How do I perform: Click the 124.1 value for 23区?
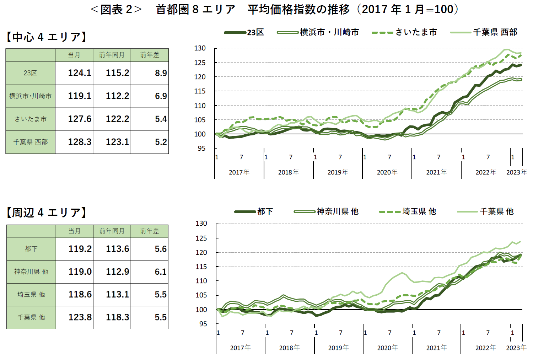tap(80, 73)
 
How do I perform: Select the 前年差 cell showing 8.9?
tap(161, 73)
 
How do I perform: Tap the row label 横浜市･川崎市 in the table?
tap(30, 96)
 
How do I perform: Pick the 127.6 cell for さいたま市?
tap(80, 119)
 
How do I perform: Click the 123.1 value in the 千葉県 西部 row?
tap(117, 142)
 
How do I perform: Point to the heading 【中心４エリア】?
tap(46, 37)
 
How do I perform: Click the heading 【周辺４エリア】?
tap(46, 212)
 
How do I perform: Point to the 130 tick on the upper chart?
tap(200, 48)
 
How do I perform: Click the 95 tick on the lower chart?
tap(203, 324)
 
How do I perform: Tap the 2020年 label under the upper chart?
tap(387, 172)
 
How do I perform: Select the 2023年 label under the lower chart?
tap(516, 348)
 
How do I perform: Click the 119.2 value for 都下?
tap(80, 249)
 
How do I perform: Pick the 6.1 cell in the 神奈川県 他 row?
tap(161, 272)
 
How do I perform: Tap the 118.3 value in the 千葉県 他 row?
tap(117, 317)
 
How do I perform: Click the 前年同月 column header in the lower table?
tap(112, 231)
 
